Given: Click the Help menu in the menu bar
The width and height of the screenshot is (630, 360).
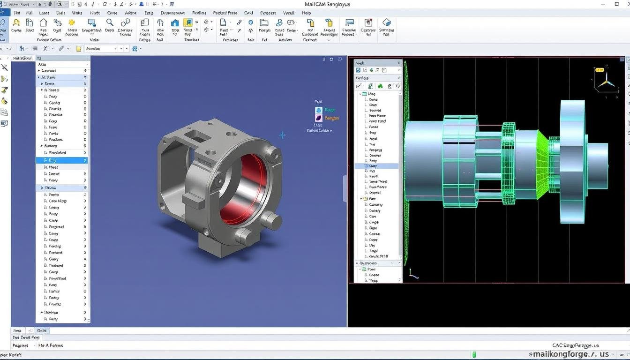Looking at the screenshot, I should tap(307, 13).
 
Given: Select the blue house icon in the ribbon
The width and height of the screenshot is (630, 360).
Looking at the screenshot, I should tap(175, 23).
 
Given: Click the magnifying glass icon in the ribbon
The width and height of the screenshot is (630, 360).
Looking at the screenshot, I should tap(110, 22).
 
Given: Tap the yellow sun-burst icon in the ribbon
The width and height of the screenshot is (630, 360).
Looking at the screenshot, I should tap(72, 22).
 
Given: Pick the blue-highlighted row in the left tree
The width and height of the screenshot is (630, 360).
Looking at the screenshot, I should tap(62, 160).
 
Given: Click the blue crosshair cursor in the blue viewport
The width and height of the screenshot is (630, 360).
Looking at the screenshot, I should tap(282, 135).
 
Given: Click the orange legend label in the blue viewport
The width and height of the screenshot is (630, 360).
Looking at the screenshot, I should tap(331, 118).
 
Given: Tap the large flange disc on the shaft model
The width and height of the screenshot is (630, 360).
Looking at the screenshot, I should tap(572, 167).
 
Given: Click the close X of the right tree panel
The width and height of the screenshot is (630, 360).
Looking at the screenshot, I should tap(399, 63).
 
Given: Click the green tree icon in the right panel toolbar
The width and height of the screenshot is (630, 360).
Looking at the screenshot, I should tap(380, 86).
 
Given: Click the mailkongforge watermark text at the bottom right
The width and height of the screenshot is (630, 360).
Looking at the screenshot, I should tap(570, 354).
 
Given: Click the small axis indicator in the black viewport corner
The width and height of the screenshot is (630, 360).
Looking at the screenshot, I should tap(413, 274).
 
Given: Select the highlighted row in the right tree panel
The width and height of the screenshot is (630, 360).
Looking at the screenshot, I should tap(377, 166).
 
